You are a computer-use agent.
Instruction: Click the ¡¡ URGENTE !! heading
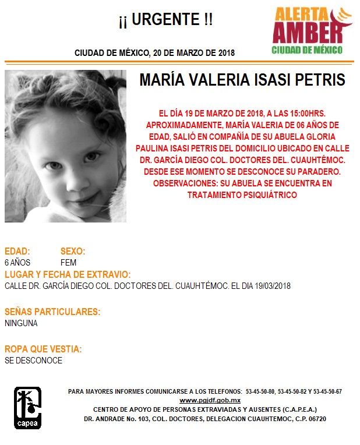(x=165, y=21)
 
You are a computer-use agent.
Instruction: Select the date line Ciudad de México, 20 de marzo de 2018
(x=154, y=53)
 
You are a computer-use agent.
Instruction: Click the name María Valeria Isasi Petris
(x=242, y=80)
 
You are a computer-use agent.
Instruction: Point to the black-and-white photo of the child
(x=65, y=146)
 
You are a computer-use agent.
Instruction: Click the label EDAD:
(x=17, y=252)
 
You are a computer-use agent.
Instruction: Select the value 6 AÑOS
(x=17, y=263)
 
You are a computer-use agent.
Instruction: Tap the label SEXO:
(x=73, y=252)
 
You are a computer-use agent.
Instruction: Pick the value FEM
(x=68, y=263)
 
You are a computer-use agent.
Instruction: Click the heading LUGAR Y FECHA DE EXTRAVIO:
(x=67, y=275)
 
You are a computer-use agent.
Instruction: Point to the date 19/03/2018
(x=271, y=286)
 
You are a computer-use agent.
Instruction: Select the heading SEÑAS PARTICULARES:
(x=52, y=312)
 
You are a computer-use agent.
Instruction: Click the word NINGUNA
(x=21, y=323)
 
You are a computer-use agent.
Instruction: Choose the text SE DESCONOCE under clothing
(x=33, y=361)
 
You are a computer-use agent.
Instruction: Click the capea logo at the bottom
(x=27, y=408)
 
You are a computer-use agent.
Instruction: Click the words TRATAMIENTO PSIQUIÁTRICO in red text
(x=242, y=195)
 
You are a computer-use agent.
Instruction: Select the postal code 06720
(x=315, y=419)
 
